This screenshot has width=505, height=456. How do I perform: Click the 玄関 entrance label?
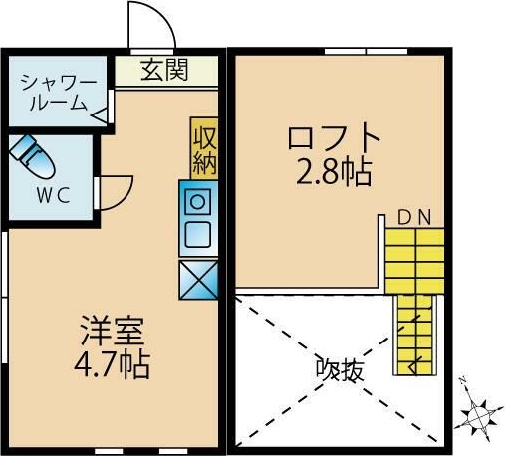point(165,71)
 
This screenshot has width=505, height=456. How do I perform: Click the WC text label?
point(54,195)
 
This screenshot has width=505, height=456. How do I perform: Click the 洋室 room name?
point(113,330)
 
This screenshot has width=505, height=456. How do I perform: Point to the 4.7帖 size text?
point(113,364)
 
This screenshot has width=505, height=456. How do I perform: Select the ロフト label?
point(332,136)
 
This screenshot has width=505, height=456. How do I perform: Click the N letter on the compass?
point(463,381)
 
